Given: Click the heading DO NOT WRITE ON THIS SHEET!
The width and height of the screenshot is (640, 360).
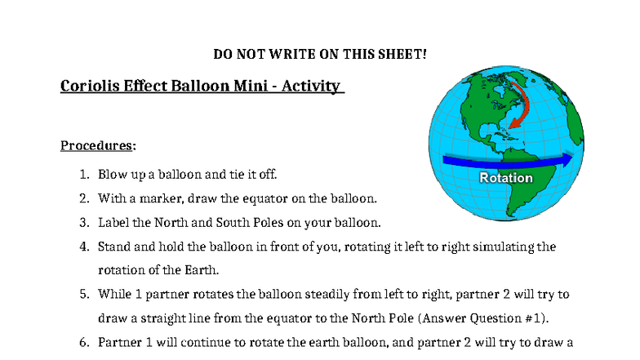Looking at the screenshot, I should (320, 54).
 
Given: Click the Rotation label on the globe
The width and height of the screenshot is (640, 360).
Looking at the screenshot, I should (506, 178).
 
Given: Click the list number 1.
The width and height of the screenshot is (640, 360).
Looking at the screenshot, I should (84, 174).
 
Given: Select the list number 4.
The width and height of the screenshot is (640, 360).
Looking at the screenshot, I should (84, 246).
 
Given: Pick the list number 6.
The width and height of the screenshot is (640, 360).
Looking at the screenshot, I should (84, 341).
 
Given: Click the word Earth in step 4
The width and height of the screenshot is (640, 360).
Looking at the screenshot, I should (202, 269).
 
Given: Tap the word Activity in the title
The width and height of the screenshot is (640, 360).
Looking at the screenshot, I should (311, 86).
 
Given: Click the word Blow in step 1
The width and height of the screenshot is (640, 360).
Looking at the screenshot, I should (112, 174).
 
